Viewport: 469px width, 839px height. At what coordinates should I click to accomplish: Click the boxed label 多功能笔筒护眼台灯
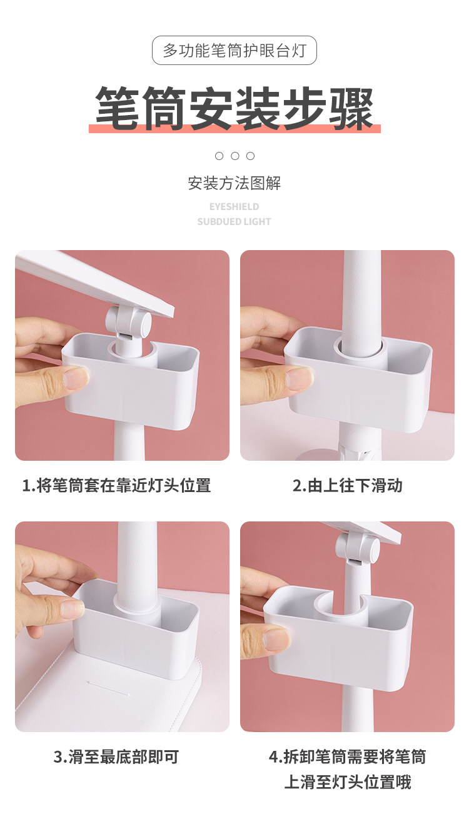coord(234,51)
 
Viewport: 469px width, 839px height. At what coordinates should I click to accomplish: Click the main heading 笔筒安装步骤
coord(234,108)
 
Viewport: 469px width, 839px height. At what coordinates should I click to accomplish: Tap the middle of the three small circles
coord(235,156)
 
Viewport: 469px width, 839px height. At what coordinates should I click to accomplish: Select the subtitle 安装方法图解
coord(234,183)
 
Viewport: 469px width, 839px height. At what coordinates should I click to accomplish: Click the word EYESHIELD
coord(234,206)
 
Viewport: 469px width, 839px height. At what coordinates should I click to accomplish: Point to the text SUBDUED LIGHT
coord(234,221)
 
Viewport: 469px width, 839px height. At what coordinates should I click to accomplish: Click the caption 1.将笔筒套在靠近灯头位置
coord(117,485)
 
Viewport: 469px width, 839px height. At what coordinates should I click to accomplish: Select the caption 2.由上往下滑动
coord(348,485)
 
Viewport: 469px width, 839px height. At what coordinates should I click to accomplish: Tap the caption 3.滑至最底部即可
coord(117,757)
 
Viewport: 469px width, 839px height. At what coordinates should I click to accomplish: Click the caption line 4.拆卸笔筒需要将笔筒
coord(348,757)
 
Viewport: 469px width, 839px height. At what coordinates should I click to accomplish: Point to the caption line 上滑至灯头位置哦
coord(348,782)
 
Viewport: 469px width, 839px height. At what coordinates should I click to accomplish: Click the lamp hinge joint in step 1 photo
coord(129,323)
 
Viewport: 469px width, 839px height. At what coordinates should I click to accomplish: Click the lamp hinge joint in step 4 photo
coord(358,548)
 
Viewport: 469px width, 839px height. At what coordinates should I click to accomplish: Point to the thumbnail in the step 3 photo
coord(72,608)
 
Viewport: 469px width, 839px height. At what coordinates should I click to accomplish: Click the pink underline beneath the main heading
coord(234,129)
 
